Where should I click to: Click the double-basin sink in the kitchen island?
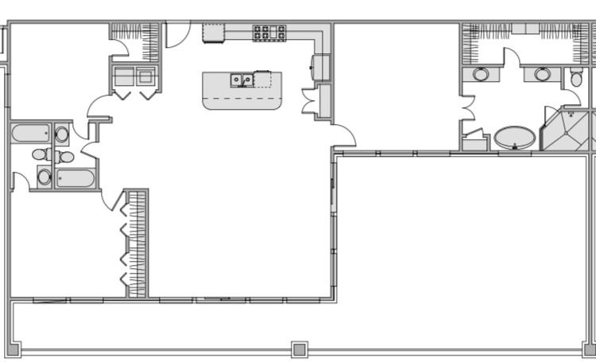tap(242, 79)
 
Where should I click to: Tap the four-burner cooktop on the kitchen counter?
tap(269, 33)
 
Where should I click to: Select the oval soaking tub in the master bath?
tap(514, 137)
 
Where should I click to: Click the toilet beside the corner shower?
tap(577, 77)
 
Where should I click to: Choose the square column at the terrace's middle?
tap(299, 349)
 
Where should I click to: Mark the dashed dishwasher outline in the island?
tap(262, 79)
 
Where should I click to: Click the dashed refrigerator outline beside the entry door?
tap(214, 33)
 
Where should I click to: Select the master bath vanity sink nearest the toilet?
tap(543, 75)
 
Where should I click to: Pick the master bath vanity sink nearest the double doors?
tap(482, 75)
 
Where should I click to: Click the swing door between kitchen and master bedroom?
tap(344, 137)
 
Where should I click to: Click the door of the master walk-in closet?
tap(513, 57)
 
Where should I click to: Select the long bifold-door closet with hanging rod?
tap(137, 243)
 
